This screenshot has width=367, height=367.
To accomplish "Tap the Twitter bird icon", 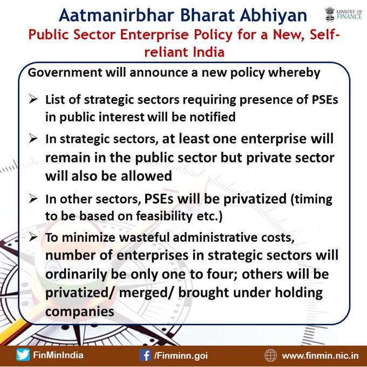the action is pyautogui.click(x=23, y=355).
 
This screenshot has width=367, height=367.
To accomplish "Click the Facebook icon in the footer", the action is pyautogui.click(x=145, y=355).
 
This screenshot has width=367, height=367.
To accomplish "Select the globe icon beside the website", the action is pyautogui.click(x=270, y=355).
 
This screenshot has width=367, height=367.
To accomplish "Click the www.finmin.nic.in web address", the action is pyautogui.click(x=320, y=356).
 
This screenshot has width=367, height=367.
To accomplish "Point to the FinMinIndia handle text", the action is pyautogui.click(x=58, y=355).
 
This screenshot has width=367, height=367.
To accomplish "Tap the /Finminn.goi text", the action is pyautogui.click(x=181, y=356).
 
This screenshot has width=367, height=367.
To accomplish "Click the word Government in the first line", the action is pyautogui.click(x=65, y=72).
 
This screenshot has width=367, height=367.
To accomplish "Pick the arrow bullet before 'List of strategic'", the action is pyautogui.click(x=33, y=99).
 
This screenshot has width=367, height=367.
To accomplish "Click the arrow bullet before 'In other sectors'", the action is pyautogui.click(x=33, y=199).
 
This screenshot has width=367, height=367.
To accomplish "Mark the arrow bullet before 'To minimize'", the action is pyautogui.click(x=33, y=237).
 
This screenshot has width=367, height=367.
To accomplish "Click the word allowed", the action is pyautogui.click(x=146, y=175).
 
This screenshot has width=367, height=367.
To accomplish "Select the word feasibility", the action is pyautogui.click(x=164, y=216).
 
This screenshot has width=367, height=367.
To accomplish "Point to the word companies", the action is pyautogui.click(x=79, y=312).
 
